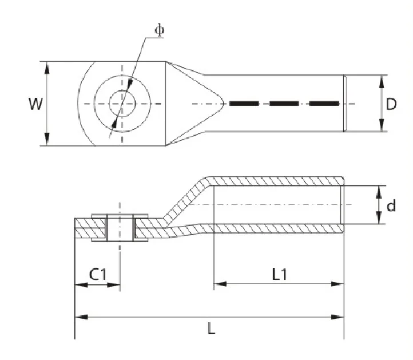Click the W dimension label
35,104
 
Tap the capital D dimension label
391,104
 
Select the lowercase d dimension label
391,205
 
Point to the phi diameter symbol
160,30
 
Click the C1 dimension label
98,275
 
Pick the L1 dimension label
280,275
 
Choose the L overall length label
211,329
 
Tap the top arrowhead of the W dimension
47,68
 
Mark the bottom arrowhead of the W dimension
47,139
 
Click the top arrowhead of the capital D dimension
382,81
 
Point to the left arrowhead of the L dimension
81,317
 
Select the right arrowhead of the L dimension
337,317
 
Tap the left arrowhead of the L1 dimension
220,284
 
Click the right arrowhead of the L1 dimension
337,284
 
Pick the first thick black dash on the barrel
244,104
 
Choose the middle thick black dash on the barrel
284,104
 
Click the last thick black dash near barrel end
324,104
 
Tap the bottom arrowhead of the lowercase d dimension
379,218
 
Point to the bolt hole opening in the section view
120,228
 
